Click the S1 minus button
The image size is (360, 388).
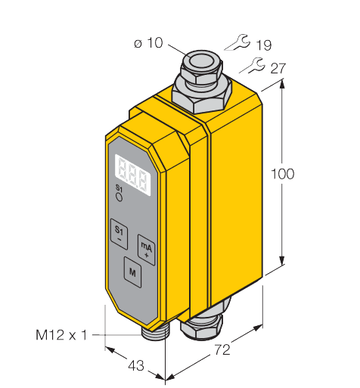pyautogui.click(x=119, y=231)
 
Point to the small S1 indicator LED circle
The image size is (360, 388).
pyautogui.click(x=119, y=196)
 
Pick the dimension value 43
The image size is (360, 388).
pyautogui.click(x=135, y=365)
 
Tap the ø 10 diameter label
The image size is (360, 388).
pyautogui.click(x=148, y=43)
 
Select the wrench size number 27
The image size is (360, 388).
pyautogui.click(x=277, y=69)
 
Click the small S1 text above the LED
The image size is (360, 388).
pyautogui.click(x=118, y=188)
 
